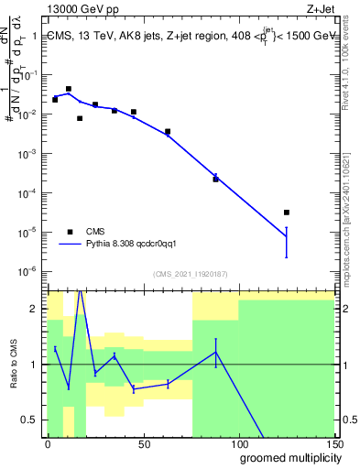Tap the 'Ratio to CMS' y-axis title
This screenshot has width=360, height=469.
coord(15,365)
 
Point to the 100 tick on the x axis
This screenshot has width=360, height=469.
coord(239,442)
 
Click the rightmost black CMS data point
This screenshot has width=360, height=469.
coord(287,213)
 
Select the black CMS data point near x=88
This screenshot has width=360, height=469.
coord(216,180)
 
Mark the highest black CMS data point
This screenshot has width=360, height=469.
coord(69,89)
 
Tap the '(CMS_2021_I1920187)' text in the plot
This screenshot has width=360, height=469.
coord(191,273)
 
